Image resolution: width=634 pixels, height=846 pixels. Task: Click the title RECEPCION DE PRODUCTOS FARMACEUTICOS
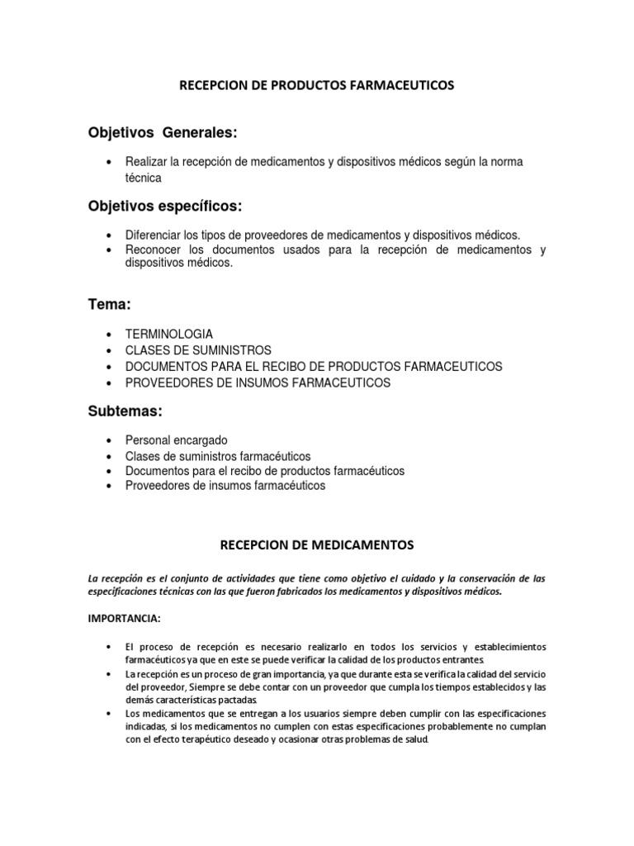tap(317, 85)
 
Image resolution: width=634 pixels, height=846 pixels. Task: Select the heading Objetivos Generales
tap(163, 133)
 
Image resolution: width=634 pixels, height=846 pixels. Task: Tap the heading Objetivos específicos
tap(166, 205)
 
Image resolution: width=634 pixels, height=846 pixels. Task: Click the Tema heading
tap(110, 305)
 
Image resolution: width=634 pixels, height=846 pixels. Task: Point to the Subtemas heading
tap(126, 411)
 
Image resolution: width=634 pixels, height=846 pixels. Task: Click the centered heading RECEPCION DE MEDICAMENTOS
tap(317, 545)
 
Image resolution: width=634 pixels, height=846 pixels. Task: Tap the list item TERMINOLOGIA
tap(169, 335)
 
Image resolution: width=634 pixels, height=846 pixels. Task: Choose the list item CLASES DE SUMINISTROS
tap(198, 350)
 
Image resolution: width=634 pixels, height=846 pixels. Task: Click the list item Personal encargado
tap(176, 440)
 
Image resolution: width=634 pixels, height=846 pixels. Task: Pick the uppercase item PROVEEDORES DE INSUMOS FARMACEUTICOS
tap(258, 383)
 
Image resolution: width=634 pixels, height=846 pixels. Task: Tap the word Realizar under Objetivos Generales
tap(147, 162)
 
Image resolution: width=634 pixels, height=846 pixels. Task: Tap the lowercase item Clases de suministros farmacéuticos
tap(218, 456)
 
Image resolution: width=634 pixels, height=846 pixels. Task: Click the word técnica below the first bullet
tap(144, 178)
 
